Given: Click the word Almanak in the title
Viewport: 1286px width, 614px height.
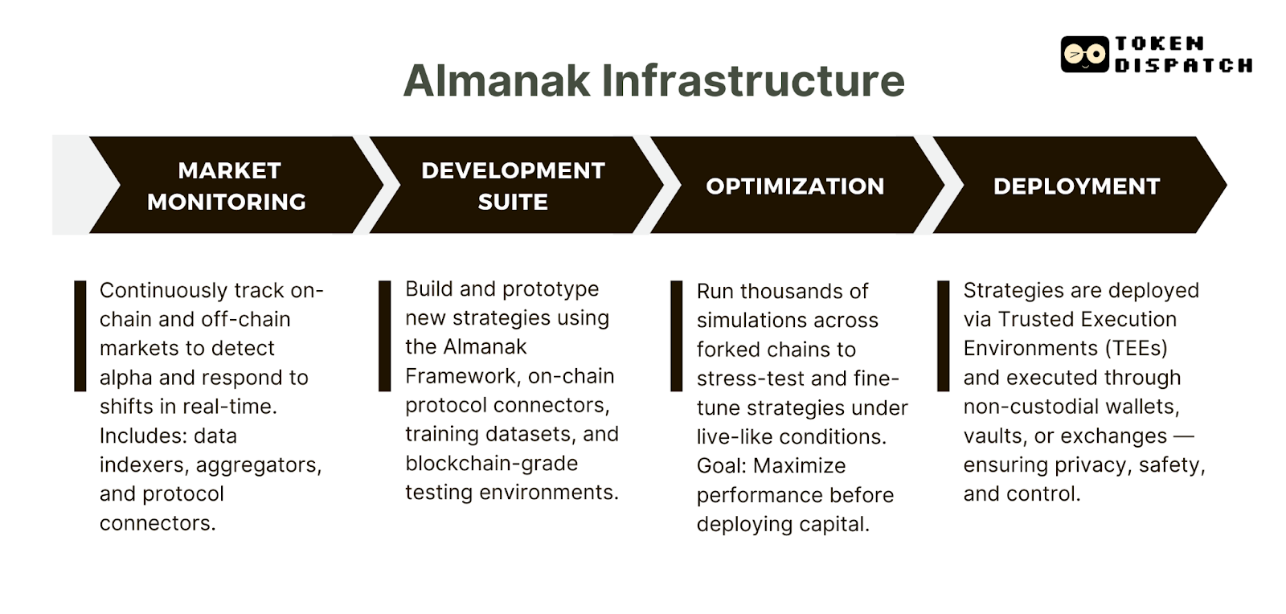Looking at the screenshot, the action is click(496, 80).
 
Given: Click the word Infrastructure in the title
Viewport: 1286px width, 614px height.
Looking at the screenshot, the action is click(753, 80).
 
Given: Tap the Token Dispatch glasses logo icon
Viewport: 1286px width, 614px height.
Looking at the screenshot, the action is click(1084, 55).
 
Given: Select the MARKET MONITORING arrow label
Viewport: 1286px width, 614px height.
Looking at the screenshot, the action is click(227, 186).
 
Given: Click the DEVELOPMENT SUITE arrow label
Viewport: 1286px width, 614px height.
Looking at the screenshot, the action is click(513, 186).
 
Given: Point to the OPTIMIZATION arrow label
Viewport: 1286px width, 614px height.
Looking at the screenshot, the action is click(795, 186).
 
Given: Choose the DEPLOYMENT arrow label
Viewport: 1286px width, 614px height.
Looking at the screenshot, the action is click(1076, 186).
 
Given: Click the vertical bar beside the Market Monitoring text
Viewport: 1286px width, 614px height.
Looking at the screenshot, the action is click(80, 336).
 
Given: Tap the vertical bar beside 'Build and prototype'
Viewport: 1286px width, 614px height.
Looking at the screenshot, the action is click(385, 336).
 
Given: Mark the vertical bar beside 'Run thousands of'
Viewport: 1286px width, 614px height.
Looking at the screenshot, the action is click(677, 336).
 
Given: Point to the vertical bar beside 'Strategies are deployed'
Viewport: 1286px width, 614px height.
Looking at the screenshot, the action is click(944, 336).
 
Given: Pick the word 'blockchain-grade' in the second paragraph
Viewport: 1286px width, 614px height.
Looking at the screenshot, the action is click(491, 464).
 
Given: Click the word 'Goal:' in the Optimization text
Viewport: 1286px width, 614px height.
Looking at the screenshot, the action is click(721, 466).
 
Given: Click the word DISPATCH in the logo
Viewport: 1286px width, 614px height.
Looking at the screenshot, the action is click(1182, 66).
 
